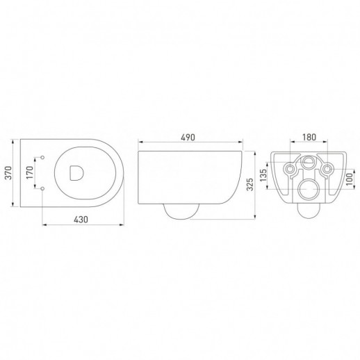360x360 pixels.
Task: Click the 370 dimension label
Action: tap(8, 172)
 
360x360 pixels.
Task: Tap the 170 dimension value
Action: tap(30, 172)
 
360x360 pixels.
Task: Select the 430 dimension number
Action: tap(81, 219)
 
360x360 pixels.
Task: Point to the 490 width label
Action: tap(188, 138)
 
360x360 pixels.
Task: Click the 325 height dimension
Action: tap(250, 184)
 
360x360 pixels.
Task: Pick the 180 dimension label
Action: tap(309, 137)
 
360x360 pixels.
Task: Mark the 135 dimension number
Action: tap(263, 175)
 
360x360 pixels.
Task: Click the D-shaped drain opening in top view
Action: tap(76, 172)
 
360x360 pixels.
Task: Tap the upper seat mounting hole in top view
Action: tap(42, 157)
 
